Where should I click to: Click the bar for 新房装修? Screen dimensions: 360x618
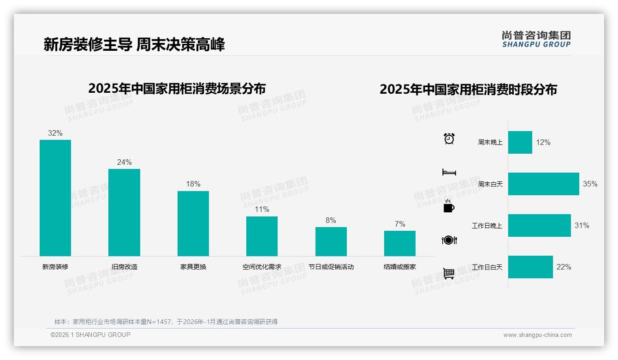pos(55,198)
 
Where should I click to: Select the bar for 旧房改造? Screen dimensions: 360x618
pos(124,212)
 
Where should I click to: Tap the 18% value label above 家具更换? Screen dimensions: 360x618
pos(193,184)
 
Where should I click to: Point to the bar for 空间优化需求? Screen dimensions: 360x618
pos(262,236)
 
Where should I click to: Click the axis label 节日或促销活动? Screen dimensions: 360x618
pos(331,267)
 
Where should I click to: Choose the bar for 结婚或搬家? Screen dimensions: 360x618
pos(399,243)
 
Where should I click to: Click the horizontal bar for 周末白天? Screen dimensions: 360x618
pos(543,184)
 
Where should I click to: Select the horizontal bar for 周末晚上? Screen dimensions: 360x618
pos(520,142)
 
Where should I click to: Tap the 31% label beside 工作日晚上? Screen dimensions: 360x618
pos(582,226)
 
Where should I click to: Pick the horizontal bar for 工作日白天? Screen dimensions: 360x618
pos(530,267)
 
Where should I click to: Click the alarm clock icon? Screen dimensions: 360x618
pos(449,138)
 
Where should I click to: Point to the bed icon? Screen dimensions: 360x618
pos(449,172)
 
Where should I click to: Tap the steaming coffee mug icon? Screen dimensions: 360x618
pos(449,206)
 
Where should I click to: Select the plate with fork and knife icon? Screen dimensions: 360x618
pos(449,240)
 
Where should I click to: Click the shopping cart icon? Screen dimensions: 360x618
pos(449,274)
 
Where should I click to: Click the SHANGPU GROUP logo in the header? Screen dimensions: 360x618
pos(536,39)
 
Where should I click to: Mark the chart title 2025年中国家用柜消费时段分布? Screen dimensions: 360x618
pos(468,90)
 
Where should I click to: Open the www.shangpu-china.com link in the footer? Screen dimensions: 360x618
pos(537,335)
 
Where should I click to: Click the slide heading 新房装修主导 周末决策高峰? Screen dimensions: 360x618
pos(134,45)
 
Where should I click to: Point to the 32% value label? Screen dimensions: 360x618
pos(55,133)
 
